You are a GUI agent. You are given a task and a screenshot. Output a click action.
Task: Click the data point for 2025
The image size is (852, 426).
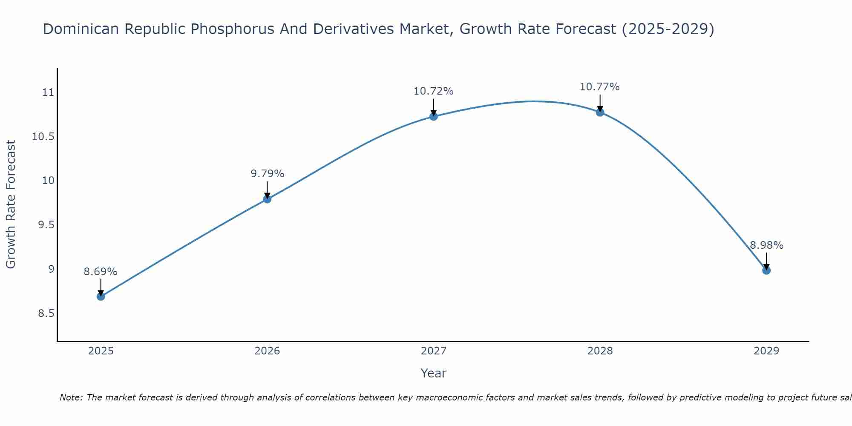coord(101,296)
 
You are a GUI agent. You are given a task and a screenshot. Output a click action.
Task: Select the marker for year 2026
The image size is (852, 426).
coord(267,199)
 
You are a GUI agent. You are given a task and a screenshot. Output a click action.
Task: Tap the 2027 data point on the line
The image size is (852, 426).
coord(434,116)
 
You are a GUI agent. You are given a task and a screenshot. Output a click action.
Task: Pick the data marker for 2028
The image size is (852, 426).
coord(600,112)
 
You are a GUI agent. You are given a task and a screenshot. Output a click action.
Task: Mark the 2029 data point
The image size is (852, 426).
coord(766,270)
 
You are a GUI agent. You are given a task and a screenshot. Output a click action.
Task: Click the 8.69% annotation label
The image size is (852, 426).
coord(101,272)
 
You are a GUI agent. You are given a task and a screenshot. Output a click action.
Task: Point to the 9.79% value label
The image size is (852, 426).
coord(267,174)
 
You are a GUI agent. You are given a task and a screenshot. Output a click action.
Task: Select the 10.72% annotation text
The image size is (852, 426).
coord(434,91)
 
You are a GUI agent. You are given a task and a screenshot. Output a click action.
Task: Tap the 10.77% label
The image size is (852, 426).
coord(600,87)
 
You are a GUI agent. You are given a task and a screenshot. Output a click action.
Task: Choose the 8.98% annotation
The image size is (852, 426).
coord(766,245)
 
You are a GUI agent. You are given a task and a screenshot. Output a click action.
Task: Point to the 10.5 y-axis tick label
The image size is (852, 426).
coord(43,137)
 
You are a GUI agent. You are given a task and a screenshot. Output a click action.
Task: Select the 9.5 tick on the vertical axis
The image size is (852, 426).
coord(46,225)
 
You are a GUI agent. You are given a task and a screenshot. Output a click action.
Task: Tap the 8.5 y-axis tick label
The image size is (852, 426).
coord(46,314)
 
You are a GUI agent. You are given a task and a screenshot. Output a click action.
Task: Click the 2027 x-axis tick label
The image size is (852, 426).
coord(434,351)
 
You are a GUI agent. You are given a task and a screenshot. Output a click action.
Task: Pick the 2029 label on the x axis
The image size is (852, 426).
coord(766,351)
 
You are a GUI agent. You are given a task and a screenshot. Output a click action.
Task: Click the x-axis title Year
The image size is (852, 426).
coord(434,373)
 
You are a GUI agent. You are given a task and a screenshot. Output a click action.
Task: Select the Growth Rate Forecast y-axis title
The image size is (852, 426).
coord(11,204)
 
